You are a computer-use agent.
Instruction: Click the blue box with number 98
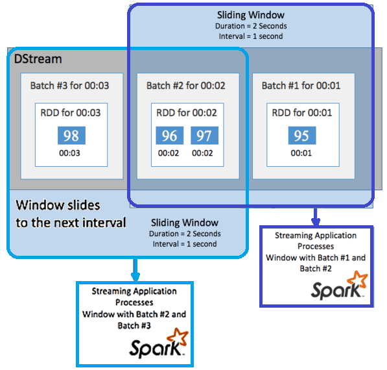[71, 135]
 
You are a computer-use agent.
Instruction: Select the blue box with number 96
[169, 135]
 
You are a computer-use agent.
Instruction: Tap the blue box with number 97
[204, 135]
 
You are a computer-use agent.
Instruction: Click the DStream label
[38, 59]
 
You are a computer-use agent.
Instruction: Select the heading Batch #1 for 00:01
[301, 85]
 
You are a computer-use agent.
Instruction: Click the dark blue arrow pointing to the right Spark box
[316, 216]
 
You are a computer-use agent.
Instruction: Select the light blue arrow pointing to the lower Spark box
[134, 267]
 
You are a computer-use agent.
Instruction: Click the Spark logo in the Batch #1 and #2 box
[340, 286]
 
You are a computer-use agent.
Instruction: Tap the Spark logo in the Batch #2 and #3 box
[158, 343]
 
